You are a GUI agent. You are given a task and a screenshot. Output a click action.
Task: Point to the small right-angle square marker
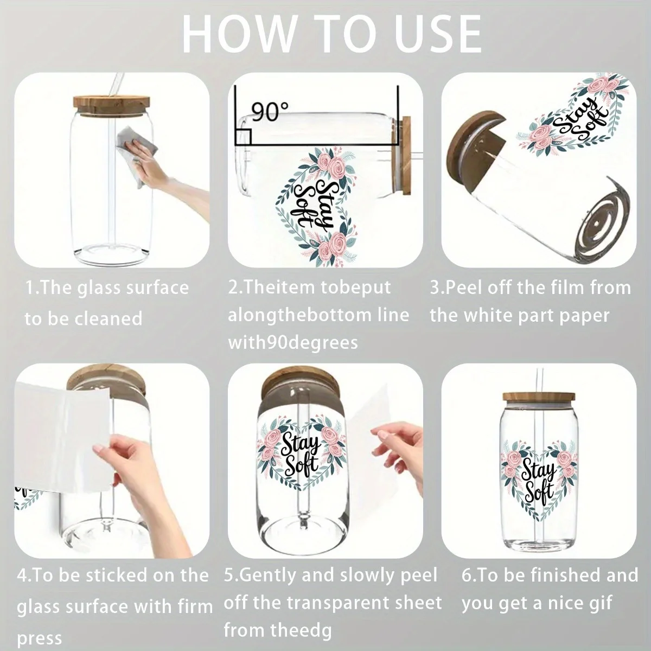[x=243, y=137]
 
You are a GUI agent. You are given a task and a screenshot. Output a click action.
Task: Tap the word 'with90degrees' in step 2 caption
[x=293, y=343]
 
